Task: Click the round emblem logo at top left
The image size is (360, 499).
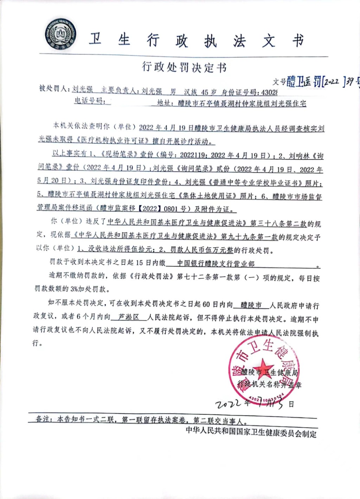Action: coord(60,34)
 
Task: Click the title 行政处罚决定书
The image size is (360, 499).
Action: coord(184,67)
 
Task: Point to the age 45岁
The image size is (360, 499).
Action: coord(208,92)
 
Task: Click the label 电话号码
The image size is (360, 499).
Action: coord(90,101)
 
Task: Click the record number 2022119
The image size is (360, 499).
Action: coord(193,155)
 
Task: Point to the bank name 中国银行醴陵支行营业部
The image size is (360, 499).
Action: coord(216,264)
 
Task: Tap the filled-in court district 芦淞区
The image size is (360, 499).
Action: coord(129,317)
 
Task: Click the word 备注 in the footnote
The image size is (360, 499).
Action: coord(44,419)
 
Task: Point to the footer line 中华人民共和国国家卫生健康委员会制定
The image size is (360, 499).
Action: coord(251,432)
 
